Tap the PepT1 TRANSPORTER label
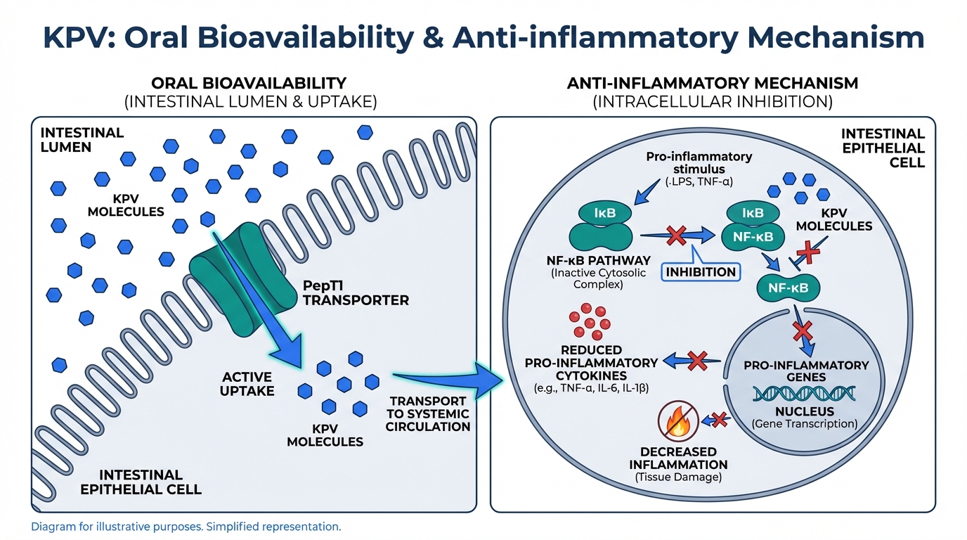[355, 292]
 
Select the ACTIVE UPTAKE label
[247, 384]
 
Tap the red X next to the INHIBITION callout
[676, 236]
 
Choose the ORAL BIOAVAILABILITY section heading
[249, 83]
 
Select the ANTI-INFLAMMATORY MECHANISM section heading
[713, 83]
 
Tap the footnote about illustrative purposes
[186, 526]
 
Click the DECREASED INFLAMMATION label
[678, 458]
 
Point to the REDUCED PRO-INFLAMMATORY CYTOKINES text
[591, 363]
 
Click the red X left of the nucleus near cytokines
[696, 361]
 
